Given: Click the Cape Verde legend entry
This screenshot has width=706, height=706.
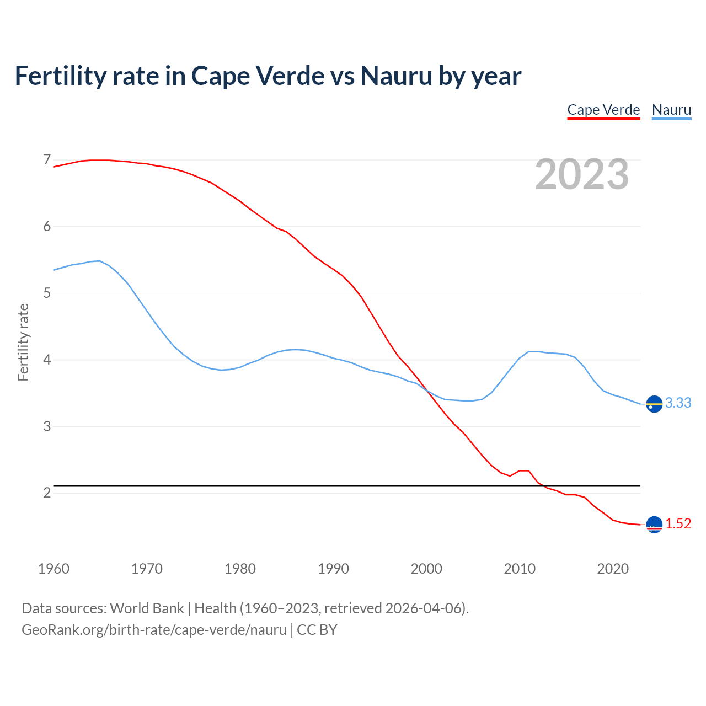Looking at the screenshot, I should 603,110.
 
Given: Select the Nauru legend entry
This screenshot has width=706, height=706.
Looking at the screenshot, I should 671,110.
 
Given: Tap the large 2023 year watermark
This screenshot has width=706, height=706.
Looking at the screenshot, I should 582,175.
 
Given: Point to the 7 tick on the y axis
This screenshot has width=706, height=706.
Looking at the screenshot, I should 47,160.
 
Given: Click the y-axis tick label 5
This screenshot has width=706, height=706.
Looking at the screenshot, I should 47,293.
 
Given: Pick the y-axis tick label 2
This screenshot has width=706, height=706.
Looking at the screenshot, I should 47,493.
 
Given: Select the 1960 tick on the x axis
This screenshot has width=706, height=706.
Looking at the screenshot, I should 54,569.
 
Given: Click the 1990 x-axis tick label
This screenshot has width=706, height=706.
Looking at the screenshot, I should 333,569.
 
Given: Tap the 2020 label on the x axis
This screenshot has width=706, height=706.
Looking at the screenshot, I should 613,569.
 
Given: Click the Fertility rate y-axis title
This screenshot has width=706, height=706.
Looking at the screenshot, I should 23,342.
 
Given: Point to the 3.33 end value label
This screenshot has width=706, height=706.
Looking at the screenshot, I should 678,403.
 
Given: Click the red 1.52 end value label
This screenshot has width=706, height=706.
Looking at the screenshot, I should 678,524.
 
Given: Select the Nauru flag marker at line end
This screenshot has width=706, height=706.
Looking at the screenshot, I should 654,404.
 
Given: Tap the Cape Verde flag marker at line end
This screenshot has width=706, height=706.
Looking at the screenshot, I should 654,525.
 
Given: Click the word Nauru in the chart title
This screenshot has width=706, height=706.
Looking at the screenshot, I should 396,76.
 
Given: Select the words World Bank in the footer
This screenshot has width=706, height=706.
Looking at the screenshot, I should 147,608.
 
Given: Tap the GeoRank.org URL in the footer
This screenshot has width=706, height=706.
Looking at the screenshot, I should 154,630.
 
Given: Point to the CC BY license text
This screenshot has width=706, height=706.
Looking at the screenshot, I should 317,630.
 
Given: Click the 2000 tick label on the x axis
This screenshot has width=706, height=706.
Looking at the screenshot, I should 426,569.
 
